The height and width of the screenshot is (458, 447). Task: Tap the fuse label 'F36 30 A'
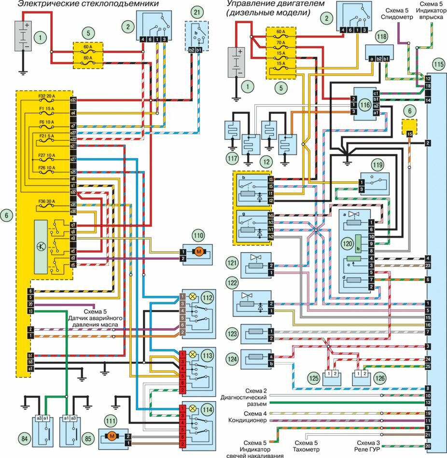[x=47, y=202]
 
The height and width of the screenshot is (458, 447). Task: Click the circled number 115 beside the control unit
[x=438, y=64]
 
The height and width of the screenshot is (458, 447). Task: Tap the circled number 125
[x=314, y=378]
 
